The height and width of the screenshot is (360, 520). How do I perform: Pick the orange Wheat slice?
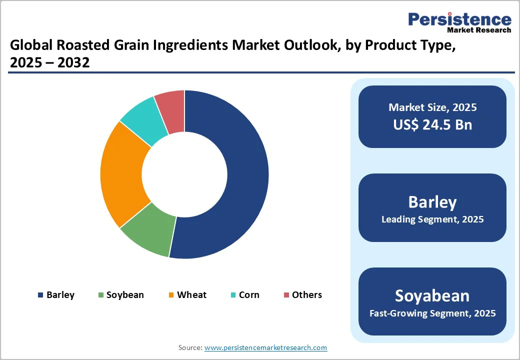[x=122, y=172]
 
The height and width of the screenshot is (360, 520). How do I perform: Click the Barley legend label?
[x=60, y=295]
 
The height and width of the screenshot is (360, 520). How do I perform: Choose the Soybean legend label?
[x=125, y=295]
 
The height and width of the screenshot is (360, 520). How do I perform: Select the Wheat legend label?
[x=191, y=295]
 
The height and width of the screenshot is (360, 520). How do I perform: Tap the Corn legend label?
[x=249, y=295]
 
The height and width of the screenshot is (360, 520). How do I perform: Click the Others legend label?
[x=307, y=295]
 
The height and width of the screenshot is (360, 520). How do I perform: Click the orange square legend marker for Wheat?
[x=171, y=295]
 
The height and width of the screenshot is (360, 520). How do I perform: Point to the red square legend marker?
[x=286, y=295]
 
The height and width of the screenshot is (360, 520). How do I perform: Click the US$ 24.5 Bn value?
[x=432, y=124]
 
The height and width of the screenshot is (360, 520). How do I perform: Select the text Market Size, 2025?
[x=432, y=107]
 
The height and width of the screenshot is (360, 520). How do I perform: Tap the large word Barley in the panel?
[x=432, y=201]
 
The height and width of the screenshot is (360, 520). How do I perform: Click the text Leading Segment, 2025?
[x=432, y=219]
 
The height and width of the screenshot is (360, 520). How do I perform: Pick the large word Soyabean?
[x=432, y=295]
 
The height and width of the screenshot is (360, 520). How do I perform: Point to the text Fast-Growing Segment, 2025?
[x=432, y=313]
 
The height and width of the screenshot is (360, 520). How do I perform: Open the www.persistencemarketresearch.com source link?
[x=266, y=347]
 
